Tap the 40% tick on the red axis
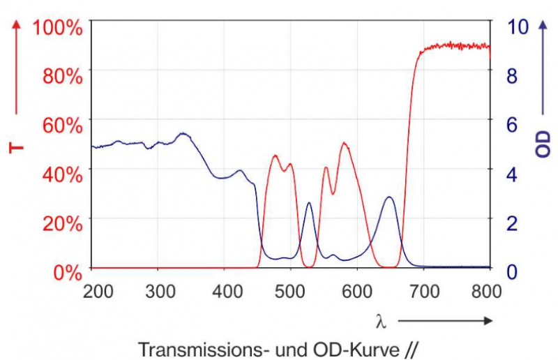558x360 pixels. click(x=63, y=174)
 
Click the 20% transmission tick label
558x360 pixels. click(x=63, y=223)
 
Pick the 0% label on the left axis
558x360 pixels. click(x=68, y=271)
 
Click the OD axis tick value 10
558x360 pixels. click(x=519, y=27)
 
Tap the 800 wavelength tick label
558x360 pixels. click(x=486, y=292)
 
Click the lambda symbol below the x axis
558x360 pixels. click(x=381, y=321)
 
